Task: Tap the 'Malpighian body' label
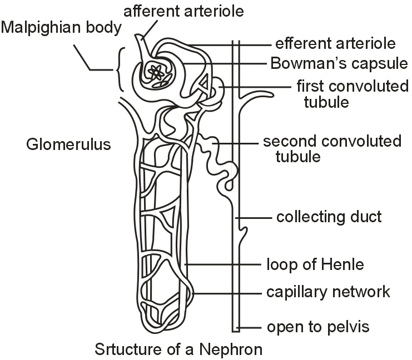(61, 28)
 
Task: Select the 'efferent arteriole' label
(336, 44)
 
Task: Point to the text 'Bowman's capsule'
(339, 63)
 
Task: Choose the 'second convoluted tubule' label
(332, 148)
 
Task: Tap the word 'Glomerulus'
(68, 145)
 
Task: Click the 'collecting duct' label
(329, 216)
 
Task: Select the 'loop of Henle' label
(315, 264)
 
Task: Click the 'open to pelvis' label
(319, 327)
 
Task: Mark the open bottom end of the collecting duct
(235, 330)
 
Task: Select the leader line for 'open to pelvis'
(250, 327)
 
